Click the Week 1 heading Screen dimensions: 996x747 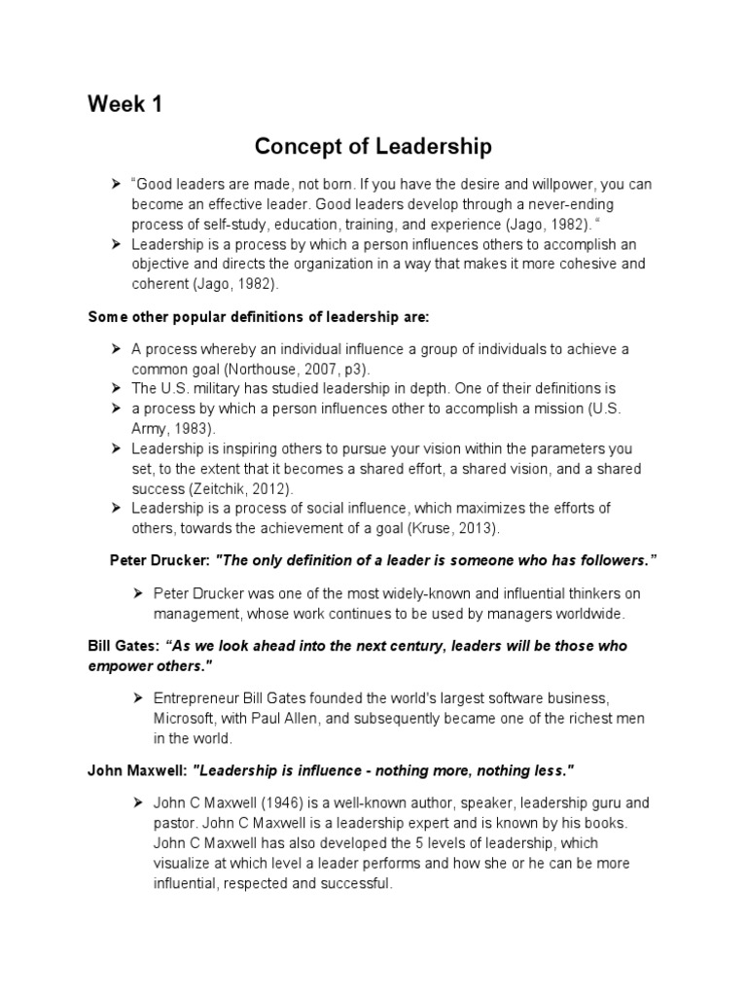[x=124, y=105]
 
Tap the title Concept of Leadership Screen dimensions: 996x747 [x=373, y=147]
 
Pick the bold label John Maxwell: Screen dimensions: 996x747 [x=138, y=770]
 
